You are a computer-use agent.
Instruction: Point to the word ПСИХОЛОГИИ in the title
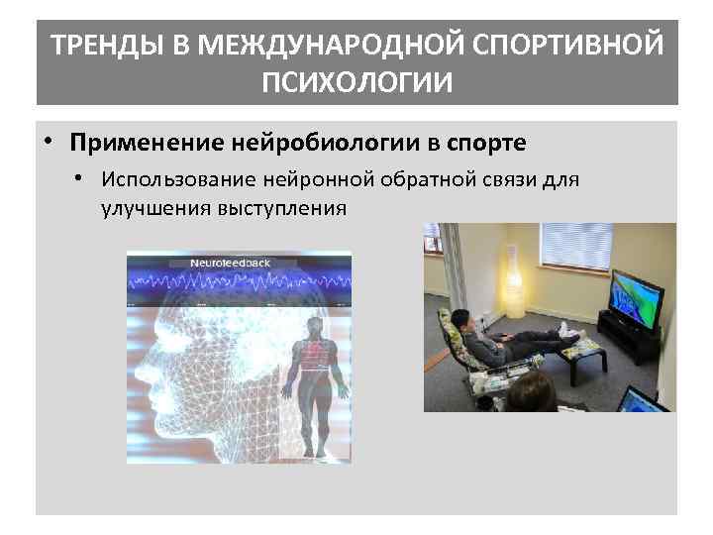[x=356, y=81]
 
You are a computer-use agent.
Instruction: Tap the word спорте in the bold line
[x=486, y=143]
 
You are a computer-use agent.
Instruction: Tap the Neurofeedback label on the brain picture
[x=230, y=264]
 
